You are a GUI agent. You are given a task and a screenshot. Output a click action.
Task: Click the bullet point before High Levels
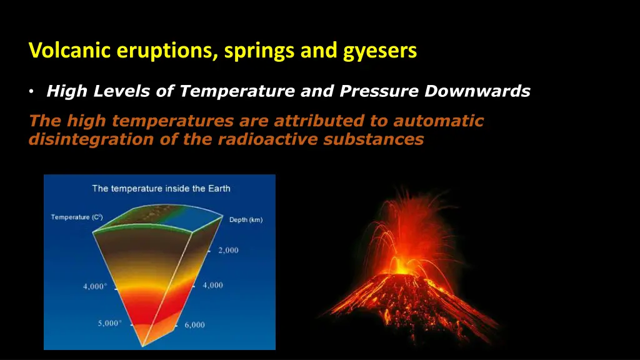coord(31,92)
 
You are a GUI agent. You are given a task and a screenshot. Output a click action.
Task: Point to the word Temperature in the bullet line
coord(237,92)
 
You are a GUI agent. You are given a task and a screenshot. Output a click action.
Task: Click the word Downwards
coord(477,92)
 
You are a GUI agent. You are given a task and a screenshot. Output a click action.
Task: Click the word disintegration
coord(91,139)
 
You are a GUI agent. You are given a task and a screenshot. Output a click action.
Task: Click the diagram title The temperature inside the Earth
coord(161,188)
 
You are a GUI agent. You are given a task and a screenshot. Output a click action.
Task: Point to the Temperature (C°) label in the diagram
coord(76,217)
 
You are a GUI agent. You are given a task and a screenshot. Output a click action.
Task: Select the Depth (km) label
coord(247,220)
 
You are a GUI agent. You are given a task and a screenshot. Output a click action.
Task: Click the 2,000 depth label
coord(228,251)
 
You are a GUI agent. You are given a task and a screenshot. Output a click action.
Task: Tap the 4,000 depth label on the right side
coord(212,285)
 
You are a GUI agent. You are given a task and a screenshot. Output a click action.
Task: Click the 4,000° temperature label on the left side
coord(96,287)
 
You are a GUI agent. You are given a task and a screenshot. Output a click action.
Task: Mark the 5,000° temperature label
coord(110,324)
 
